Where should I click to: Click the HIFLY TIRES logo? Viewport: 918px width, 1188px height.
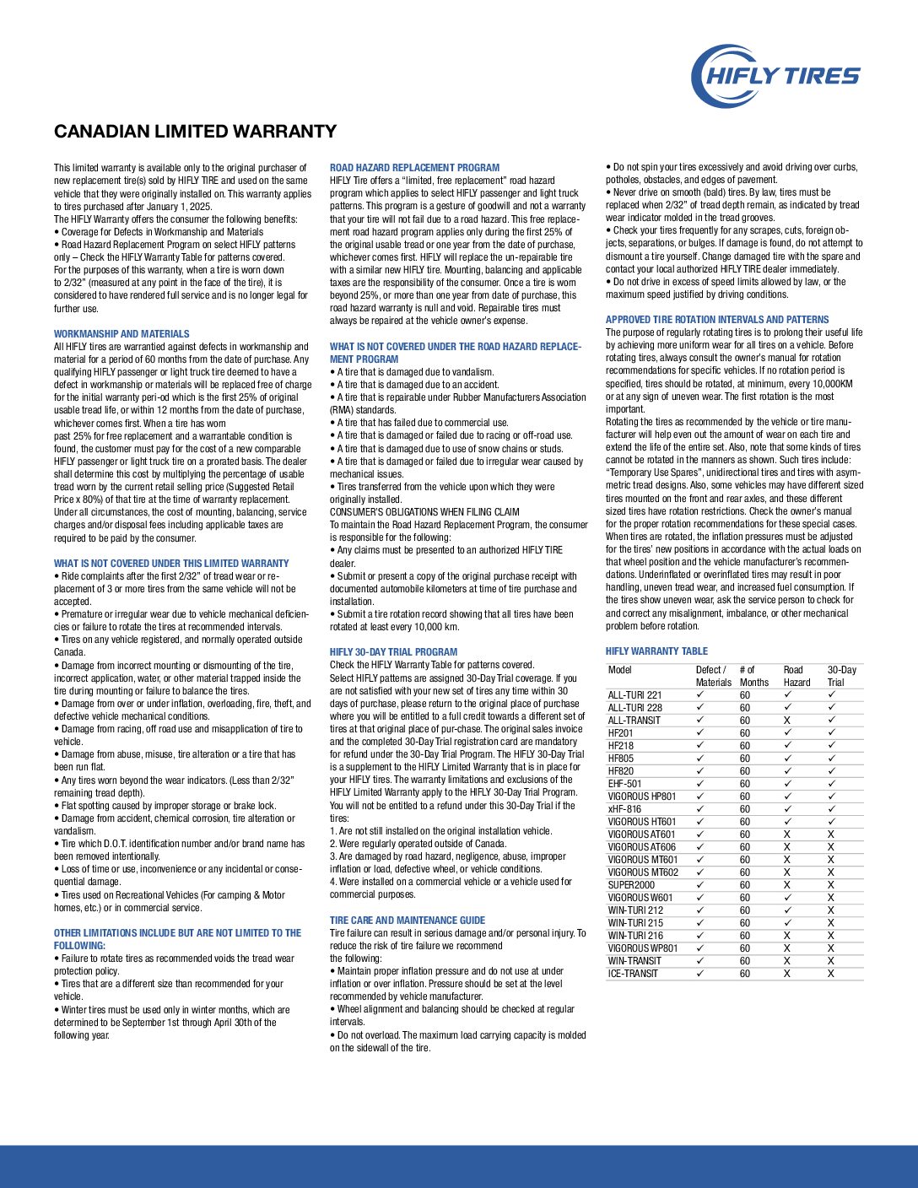click(x=775, y=76)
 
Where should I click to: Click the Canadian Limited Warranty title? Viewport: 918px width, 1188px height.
click(x=195, y=132)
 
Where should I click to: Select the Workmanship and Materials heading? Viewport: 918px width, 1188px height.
click(x=121, y=334)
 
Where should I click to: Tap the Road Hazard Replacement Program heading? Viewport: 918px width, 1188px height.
click(x=414, y=168)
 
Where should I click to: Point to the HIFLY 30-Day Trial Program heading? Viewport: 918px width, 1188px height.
click(x=393, y=652)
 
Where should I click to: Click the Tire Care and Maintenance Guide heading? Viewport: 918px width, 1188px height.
click(x=408, y=921)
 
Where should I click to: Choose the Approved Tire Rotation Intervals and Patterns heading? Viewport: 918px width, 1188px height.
click(x=717, y=320)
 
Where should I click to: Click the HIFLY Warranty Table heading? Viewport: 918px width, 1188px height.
click(x=656, y=651)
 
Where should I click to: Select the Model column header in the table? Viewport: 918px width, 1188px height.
click(x=620, y=670)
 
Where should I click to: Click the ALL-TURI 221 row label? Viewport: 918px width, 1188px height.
click(x=635, y=695)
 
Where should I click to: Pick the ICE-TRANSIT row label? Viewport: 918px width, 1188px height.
click(x=633, y=974)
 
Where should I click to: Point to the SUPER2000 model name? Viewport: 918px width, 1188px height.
click(x=631, y=885)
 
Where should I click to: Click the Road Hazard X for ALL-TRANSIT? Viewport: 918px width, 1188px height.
click(x=787, y=721)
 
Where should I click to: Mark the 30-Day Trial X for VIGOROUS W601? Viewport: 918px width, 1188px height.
click(x=831, y=898)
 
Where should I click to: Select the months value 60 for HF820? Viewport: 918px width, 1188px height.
click(x=745, y=771)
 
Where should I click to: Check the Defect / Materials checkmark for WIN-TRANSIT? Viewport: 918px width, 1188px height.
click(x=700, y=961)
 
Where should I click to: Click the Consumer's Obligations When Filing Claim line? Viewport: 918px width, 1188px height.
click(x=424, y=512)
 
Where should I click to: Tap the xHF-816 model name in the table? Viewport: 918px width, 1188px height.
click(x=624, y=809)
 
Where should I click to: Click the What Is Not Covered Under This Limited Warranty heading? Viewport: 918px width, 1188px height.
click(x=171, y=564)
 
